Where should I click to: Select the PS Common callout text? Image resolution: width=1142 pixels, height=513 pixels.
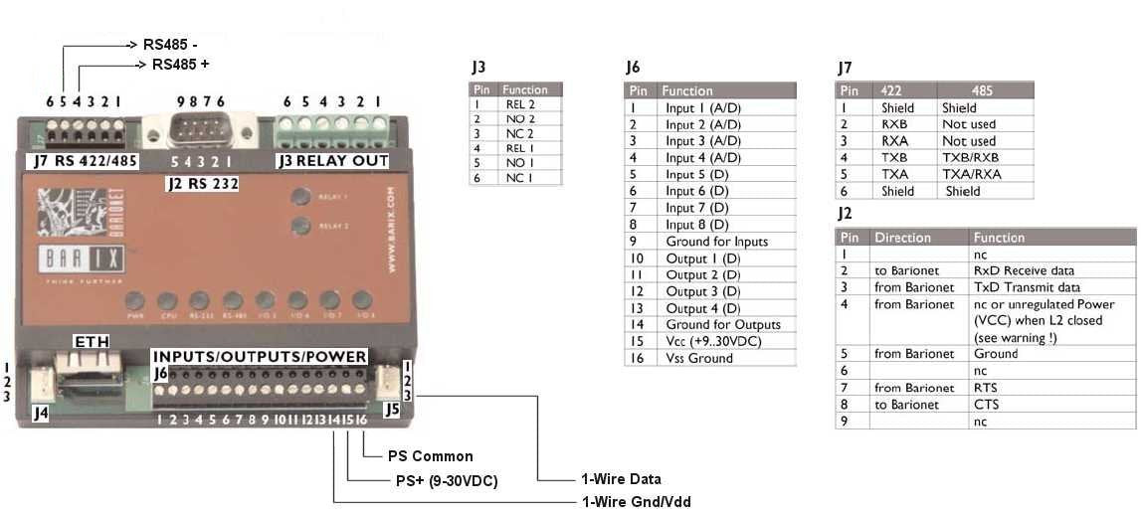click(431, 456)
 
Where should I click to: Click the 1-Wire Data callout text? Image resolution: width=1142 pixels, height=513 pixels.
click(622, 479)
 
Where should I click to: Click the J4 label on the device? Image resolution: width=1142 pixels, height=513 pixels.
click(41, 412)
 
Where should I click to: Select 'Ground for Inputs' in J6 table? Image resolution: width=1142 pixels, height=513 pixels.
click(716, 241)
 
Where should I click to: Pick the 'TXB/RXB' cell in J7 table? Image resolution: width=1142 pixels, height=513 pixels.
click(968, 157)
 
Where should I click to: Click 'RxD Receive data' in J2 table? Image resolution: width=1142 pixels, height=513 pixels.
click(1024, 270)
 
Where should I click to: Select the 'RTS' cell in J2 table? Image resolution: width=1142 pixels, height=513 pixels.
click(988, 388)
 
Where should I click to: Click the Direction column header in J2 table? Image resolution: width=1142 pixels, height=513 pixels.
click(902, 238)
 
